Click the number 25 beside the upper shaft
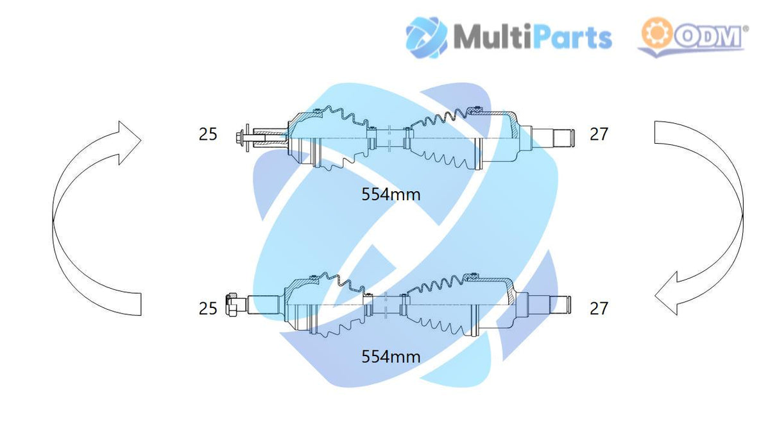tap(208, 134)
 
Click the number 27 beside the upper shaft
tap(599, 134)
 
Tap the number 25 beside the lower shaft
tap(208, 309)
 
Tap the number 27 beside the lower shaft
tap(599, 309)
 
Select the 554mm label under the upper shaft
tap(391, 194)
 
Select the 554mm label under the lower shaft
tap(391, 357)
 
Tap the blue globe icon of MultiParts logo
tap(427, 37)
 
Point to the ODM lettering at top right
tap(708, 37)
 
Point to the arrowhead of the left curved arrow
tap(130, 142)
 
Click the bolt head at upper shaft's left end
tap(239, 138)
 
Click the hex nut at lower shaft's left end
tap(231, 305)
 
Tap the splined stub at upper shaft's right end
tap(563, 138)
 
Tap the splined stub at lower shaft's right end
tap(560, 305)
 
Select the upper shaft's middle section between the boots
tap(389, 138)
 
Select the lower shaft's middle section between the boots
tap(386, 305)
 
